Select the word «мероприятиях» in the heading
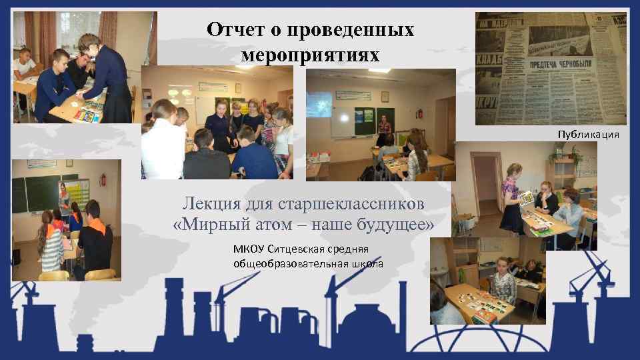click(310, 55)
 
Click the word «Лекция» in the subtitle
click(211, 203)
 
